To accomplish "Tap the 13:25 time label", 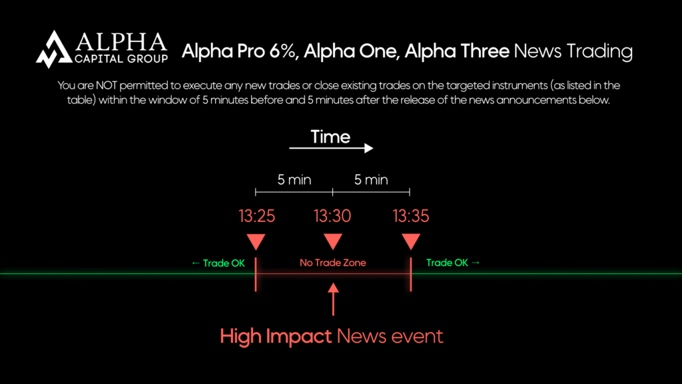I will coord(256,216).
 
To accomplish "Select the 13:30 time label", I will coord(332,216).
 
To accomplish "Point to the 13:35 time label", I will coord(411,216).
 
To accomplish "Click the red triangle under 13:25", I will coord(256,241).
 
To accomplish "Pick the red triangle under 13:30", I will coord(332,241).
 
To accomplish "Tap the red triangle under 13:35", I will coord(411,241).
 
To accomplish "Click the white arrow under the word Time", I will coord(331,149).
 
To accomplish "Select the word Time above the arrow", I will coord(331,137).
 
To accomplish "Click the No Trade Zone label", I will coord(332,263).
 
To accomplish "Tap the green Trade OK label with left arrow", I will coord(218,263).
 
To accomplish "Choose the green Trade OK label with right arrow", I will coord(453,263).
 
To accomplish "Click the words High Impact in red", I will coord(276,335).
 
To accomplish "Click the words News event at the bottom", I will coord(390,335).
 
